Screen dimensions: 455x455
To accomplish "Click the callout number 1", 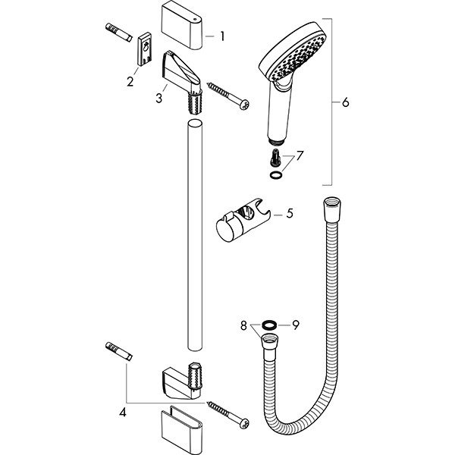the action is pos(222,36).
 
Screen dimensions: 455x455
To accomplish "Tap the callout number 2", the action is pos(130,82).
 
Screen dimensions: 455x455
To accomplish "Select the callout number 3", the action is pos(158,98).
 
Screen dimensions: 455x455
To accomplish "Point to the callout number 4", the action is pos(123,412).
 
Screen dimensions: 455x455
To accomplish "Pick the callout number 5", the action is pos(290,213).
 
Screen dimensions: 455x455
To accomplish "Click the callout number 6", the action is pos(345,102).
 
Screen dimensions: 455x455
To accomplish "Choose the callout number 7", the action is pos(300,155).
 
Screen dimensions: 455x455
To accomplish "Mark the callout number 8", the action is pos(243,325).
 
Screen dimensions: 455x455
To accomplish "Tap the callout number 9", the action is pos(296,325).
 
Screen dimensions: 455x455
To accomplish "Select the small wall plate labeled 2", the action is pos(144,49).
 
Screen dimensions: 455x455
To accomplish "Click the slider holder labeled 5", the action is pos(243,220).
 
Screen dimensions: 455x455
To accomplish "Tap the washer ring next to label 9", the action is pos(268,325).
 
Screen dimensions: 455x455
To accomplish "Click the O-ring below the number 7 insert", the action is pos(276,174).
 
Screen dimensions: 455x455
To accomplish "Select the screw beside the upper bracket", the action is pos(227,96).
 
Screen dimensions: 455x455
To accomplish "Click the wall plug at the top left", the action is pos(118,33).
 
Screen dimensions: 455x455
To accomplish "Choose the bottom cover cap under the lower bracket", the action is pos(181,429).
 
